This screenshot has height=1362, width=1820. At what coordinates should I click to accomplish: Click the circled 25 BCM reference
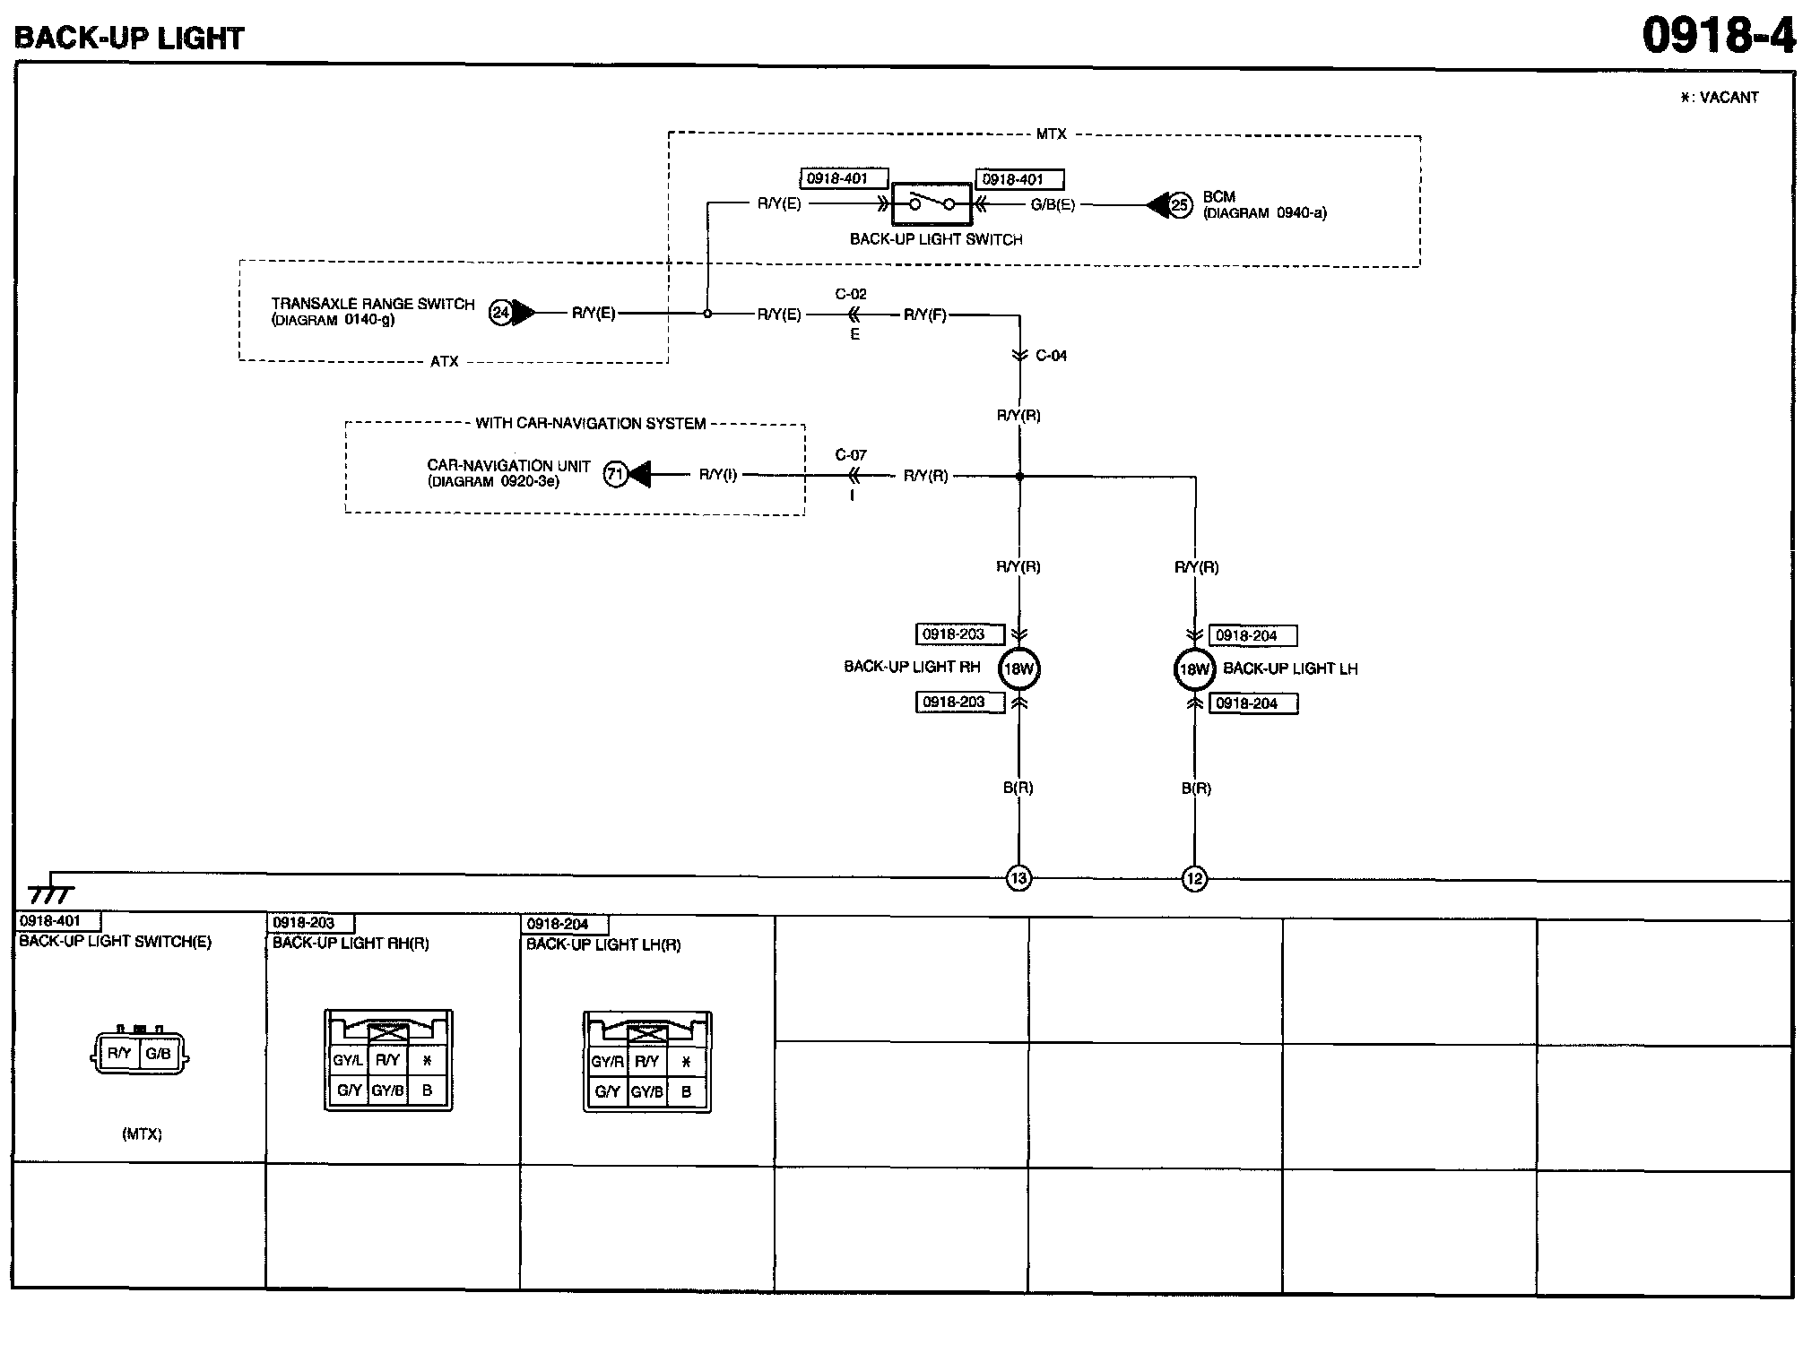(1180, 205)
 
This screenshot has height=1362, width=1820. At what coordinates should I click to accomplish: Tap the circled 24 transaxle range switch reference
(500, 313)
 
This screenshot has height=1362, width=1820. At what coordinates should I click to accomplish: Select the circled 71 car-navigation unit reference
(615, 474)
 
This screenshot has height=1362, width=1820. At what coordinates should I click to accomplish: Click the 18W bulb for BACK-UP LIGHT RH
(1019, 668)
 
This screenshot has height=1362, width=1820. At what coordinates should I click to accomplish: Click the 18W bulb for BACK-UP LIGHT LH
(1194, 669)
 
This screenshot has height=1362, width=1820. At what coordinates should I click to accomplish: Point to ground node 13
(1018, 878)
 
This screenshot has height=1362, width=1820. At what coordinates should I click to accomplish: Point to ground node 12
(1194, 879)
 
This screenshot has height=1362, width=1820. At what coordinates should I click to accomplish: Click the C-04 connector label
(1051, 356)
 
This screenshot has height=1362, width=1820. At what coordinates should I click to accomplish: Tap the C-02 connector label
(851, 294)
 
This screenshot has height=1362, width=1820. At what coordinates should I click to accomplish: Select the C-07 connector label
(851, 455)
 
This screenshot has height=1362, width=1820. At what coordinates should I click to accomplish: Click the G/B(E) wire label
(1053, 204)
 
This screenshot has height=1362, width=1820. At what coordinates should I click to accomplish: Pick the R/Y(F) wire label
(925, 315)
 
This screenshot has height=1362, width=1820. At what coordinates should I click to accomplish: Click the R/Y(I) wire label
(718, 475)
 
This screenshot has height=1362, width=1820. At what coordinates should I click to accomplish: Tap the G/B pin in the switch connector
(159, 1054)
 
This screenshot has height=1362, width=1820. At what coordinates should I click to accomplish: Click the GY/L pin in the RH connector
(348, 1061)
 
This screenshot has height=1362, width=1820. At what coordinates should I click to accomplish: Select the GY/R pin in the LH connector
(607, 1062)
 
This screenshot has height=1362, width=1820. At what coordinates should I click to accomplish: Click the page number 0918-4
(1719, 36)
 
